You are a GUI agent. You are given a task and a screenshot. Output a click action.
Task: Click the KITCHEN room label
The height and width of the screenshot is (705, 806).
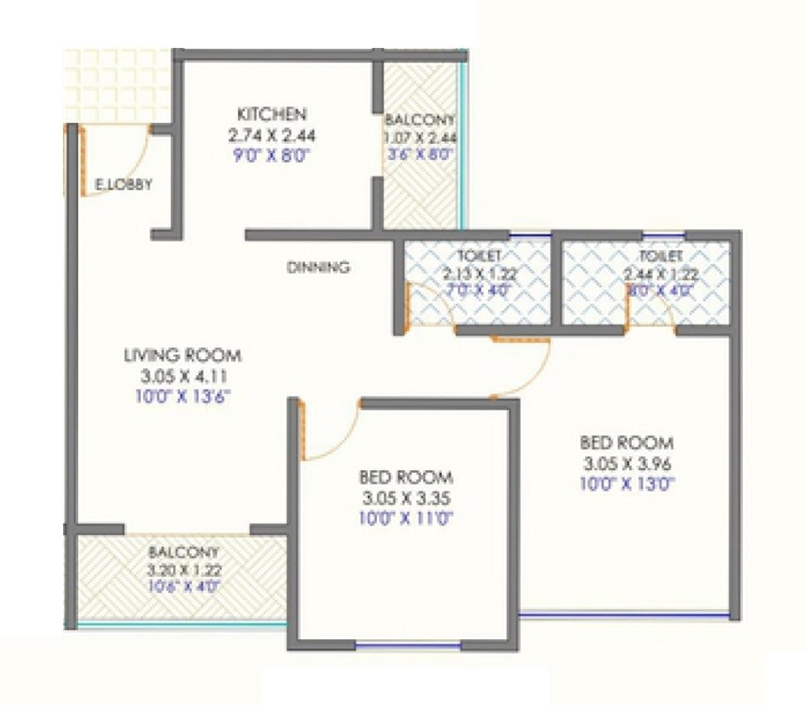pyautogui.click(x=272, y=114)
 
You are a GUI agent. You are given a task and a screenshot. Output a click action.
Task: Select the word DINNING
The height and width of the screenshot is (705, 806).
pyautogui.click(x=318, y=268)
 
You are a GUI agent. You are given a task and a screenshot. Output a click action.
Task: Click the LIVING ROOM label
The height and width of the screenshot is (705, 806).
pyautogui.click(x=182, y=355)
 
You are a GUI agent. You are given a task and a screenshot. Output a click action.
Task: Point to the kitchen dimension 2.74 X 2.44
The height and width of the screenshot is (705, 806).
pyautogui.click(x=272, y=134)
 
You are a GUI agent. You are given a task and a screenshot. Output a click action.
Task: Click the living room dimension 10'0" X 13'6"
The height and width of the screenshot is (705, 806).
pyautogui.click(x=183, y=396)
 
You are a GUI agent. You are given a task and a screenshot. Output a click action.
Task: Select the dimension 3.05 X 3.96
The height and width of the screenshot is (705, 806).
pyautogui.click(x=627, y=463)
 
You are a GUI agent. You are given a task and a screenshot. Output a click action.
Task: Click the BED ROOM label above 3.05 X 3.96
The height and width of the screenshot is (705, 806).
pyautogui.click(x=627, y=442)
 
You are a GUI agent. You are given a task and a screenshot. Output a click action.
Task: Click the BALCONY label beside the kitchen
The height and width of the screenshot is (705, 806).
pyautogui.click(x=419, y=120)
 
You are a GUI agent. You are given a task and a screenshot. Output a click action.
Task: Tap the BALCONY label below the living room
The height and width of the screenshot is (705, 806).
pyautogui.click(x=183, y=552)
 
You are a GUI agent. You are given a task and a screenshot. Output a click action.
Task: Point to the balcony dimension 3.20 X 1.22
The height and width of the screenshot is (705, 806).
pyautogui.click(x=183, y=569)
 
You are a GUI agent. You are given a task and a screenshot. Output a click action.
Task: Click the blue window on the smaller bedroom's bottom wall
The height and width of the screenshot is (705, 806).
pyautogui.click(x=408, y=646)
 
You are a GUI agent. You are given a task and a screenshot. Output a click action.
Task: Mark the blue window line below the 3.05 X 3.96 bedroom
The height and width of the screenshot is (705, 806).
pyautogui.click(x=624, y=616)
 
